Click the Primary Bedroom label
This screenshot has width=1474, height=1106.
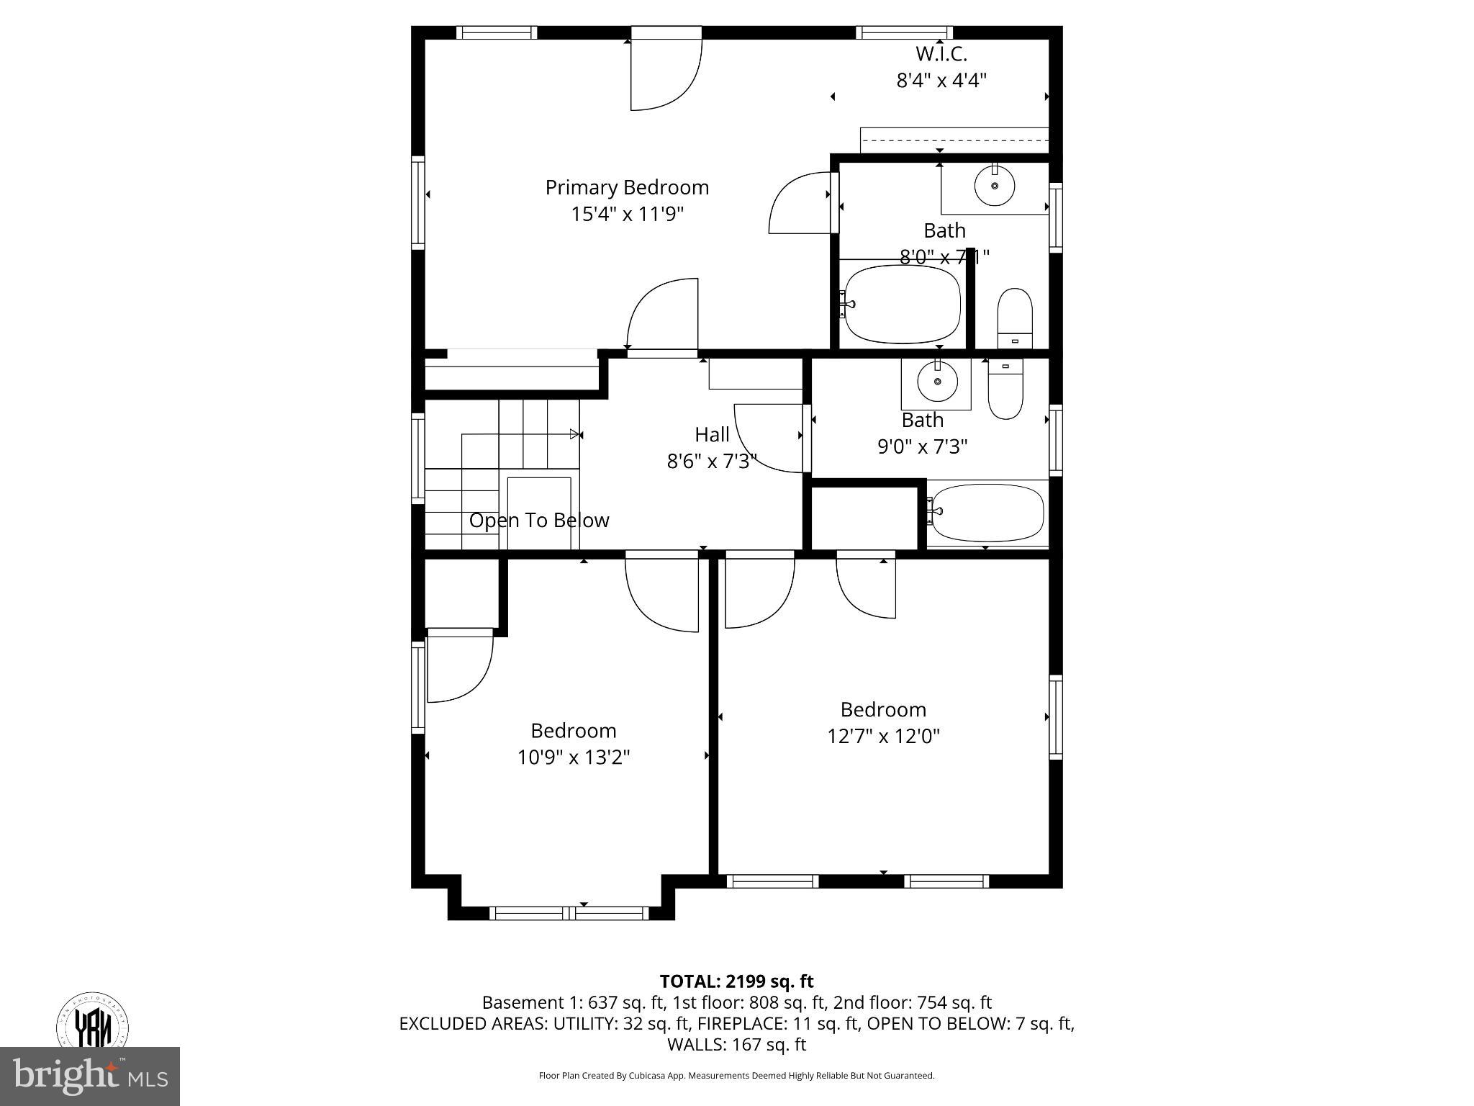click(627, 187)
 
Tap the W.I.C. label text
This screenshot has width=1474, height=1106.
click(941, 54)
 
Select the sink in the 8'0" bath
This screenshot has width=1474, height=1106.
click(995, 186)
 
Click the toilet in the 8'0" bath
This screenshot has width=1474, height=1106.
click(1015, 319)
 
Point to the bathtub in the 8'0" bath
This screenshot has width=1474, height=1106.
click(903, 304)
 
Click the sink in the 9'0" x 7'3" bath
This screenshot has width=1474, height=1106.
click(937, 382)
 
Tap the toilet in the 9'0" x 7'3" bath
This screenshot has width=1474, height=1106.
click(1005, 388)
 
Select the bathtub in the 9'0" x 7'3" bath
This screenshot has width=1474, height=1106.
click(986, 512)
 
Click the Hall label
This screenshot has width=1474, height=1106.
click(712, 434)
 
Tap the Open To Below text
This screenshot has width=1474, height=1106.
click(539, 520)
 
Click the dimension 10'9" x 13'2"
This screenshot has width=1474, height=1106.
click(574, 757)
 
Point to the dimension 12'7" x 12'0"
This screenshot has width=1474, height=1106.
click(883, 736)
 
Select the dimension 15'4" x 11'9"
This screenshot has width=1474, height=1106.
click(627, 214)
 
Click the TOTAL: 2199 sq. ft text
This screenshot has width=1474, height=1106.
click(736, 981)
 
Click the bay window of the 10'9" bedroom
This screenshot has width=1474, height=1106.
click(569, 913)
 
